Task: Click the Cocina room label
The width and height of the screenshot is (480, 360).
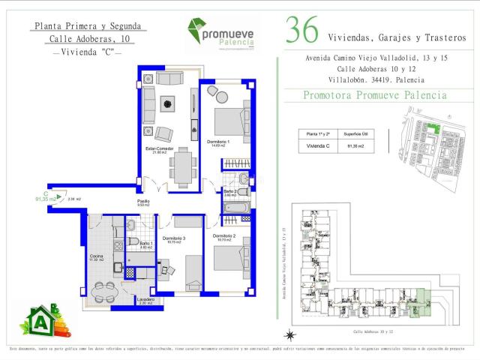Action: pyautogui.click(x=97, y=257)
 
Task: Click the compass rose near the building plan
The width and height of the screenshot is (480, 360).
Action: pyautogui.click(x=289, y=334)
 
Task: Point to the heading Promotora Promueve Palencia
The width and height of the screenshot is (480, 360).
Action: pyautogui.click(x=374, y=95)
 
